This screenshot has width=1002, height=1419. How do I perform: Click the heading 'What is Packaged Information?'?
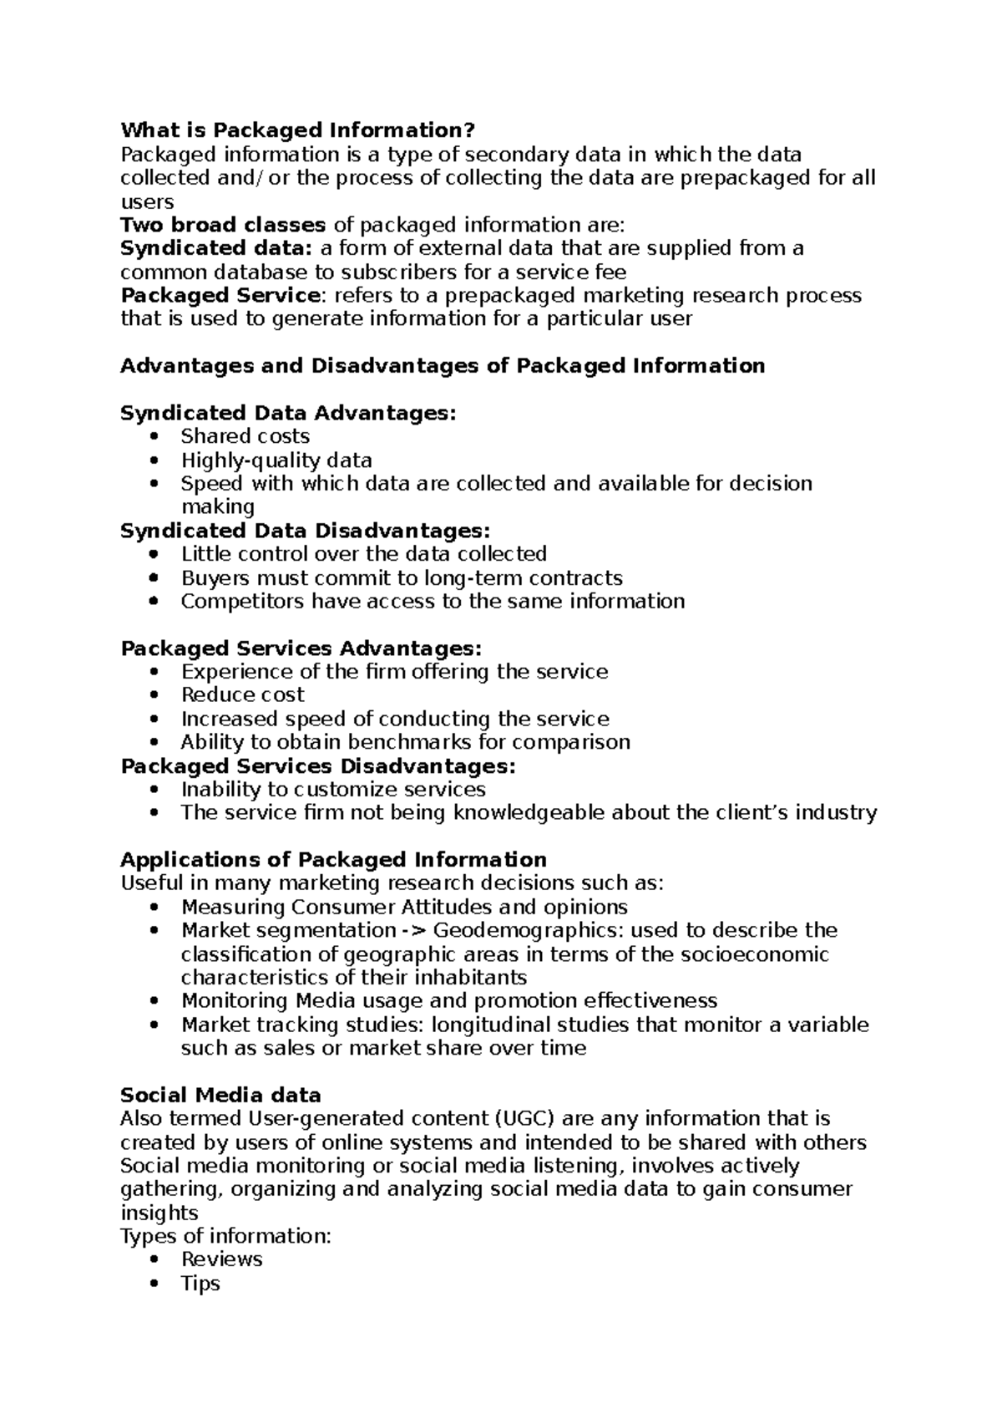297,130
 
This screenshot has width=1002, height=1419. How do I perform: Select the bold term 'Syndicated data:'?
215,248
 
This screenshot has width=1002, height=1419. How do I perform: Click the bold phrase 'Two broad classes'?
223,225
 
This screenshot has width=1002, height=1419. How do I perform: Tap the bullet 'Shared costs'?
245,436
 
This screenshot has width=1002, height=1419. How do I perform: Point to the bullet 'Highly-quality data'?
276,460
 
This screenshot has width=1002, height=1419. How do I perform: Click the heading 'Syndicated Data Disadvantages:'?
306,531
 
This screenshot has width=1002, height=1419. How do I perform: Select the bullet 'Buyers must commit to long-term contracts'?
402,578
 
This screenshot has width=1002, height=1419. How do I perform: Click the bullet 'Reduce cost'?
242,695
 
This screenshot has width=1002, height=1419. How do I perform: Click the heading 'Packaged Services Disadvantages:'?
318,766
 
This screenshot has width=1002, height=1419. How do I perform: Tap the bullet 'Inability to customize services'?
333,790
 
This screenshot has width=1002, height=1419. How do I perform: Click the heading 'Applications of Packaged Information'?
333,860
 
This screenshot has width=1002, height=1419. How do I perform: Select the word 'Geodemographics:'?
529,931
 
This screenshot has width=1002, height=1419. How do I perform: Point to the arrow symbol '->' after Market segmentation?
415,931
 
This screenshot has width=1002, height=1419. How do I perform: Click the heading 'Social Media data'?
220,1096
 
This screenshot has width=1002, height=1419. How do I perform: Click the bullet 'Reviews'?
221,1259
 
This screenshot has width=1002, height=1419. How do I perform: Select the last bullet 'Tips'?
200,1284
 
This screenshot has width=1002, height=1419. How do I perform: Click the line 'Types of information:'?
225,1236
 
